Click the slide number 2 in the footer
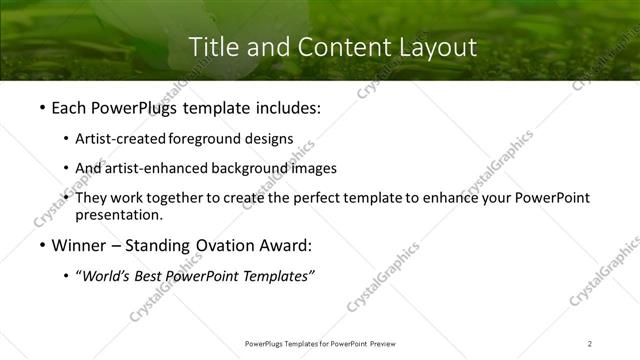pos(590,343)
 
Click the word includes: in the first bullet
pos(283,107)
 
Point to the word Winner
pos(78,245)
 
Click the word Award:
pos(282,245)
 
